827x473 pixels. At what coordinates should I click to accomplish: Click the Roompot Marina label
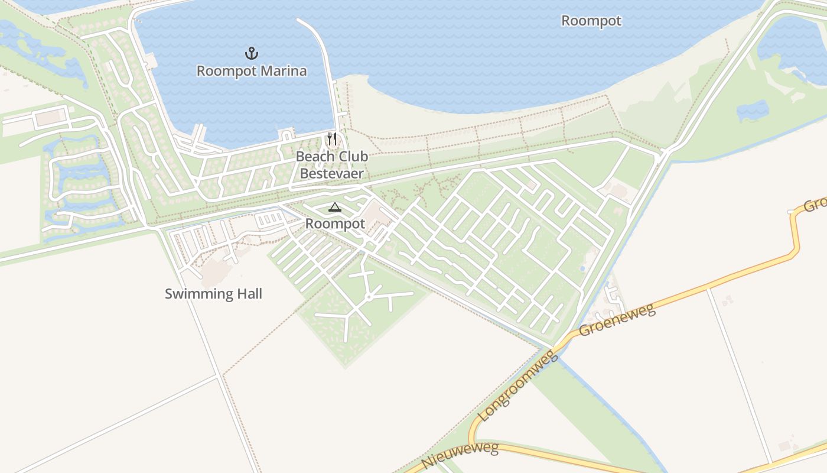[x=252, y=72]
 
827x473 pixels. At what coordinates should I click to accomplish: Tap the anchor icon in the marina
[x=252, y=54]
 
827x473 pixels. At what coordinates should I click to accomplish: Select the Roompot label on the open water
[x=591, y=21]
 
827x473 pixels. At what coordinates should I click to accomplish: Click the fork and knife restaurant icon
[x=332, y=140]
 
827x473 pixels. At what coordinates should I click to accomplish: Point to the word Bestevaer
[x=331, y=174]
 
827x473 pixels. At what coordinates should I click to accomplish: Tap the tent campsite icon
[x=335, y=208]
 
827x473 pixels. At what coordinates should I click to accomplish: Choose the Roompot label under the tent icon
[x=335, y=224]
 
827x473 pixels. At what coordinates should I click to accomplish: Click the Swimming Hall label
[x=213, y=294]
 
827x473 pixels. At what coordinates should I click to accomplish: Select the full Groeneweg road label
[x=617, y=320]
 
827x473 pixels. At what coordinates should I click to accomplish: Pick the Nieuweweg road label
[x=460, y=456]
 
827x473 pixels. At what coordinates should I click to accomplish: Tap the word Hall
[x=248, y=294]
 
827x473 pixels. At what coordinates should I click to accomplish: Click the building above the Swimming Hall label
[x=216, y=271]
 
